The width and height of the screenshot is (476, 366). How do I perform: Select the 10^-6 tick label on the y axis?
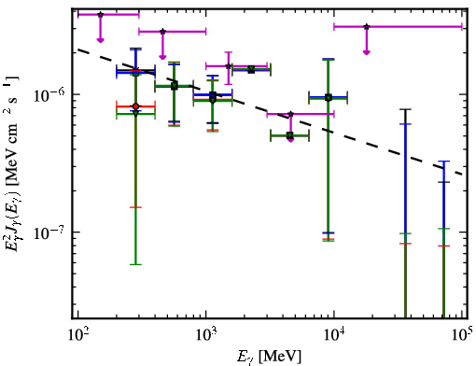[x=49, y=94]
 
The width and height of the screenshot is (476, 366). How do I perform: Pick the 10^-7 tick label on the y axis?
[x=49, y=232]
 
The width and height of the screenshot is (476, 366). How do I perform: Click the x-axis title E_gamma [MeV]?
[x=269, y=357]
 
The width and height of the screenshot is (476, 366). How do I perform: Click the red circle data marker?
[x=135, y=106]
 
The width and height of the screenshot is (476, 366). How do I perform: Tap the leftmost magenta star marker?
[x=100, y=15]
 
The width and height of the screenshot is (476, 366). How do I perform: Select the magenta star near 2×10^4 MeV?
[x=367, y=27]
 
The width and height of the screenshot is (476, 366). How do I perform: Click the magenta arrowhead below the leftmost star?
[x=100, y=40]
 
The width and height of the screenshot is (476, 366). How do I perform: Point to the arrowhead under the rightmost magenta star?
[x=367, y=52]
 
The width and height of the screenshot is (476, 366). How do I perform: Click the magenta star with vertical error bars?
[x=229, y=66]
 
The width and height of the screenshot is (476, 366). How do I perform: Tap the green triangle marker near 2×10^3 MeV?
[x=251, y=68]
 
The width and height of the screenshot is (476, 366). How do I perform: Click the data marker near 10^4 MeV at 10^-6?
[x=329, y=98]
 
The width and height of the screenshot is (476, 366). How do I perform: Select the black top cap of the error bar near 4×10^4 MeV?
[x=405, y=109]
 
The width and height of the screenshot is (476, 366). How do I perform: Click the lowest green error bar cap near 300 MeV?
[x=135, y=264]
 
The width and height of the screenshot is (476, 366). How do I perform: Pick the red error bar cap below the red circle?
[x=135, y=207]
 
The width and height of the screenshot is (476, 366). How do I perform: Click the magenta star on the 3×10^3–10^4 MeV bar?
[x=290, y=114]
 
